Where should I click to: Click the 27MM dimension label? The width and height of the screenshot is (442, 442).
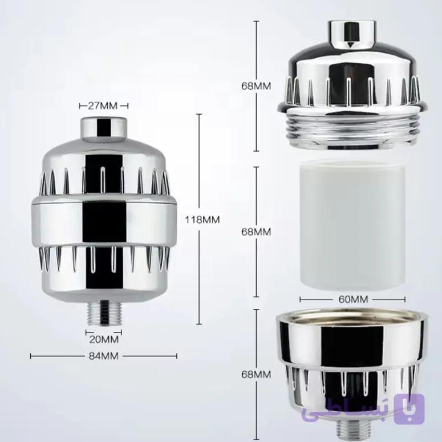pyautogui.click(x=103, y=106)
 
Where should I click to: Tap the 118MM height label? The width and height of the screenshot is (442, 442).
pyautogui.click(x=202, y=220)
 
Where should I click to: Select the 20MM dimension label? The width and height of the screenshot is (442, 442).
pyautogui.click(x=104, y=339)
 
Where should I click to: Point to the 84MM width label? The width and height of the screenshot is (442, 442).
pyautogui.click(x=104, y=356)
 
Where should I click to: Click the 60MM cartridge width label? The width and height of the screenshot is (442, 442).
pyautogui.click(x=353, y=299)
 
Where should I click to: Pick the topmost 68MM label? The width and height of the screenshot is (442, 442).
pyautogui.click(x=256, y=86)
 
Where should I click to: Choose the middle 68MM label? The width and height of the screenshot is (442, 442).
pyautogui.click(x=256, y=232)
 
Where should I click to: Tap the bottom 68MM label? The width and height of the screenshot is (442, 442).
pyautogui.click(x=256, y=374)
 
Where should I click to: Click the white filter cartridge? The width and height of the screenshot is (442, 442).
pyautogui.click(x=352, y=225)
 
